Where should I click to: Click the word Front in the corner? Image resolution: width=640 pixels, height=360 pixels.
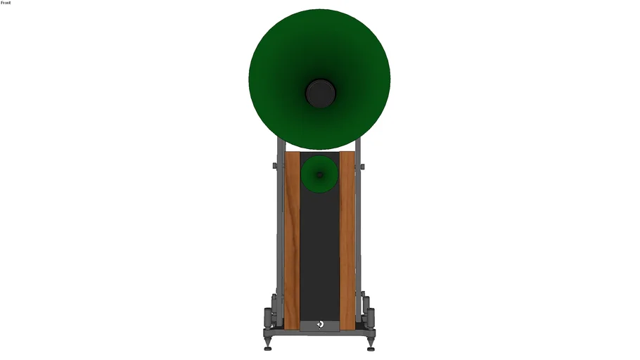pos(6,2)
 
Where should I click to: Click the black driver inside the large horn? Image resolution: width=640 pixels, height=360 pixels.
pos(321,94)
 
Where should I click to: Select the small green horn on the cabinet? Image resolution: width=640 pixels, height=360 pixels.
pos(319,174)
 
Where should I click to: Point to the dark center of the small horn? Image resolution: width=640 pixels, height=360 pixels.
pos(319,175)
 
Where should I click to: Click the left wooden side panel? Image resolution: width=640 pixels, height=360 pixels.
pos(292,240)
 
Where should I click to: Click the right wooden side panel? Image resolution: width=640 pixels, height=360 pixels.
pos(347,240)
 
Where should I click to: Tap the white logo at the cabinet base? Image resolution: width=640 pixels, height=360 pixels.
pos(321,324)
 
